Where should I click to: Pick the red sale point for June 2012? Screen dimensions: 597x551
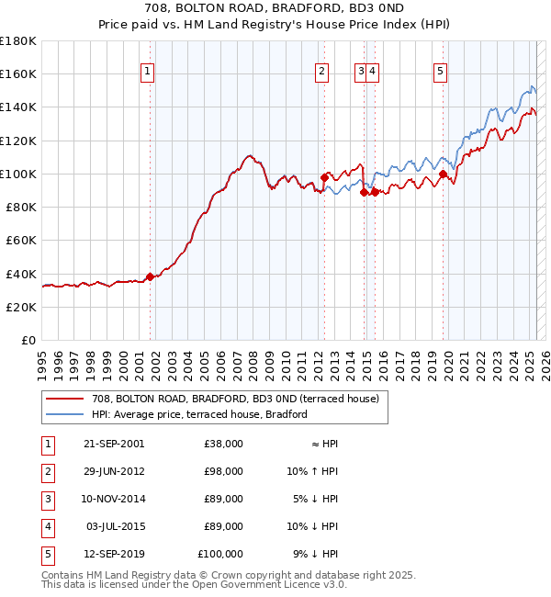pyautogui.click(x=324, y=176)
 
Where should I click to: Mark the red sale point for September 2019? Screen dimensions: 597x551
pyautogui.click(x=443, y=174)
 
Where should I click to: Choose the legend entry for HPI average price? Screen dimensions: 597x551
pyautogui.click(x=198, y=414)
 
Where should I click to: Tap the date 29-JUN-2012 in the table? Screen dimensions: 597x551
pyautogui.click(x=113, y=471)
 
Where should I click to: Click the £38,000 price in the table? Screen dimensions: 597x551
pyautogui.click(x=223, y=444)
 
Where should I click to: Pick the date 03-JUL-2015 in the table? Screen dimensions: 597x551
pyautogui.click(x=114, y=526)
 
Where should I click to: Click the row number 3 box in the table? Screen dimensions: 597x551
pyautogui.click(x=47, y=499)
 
